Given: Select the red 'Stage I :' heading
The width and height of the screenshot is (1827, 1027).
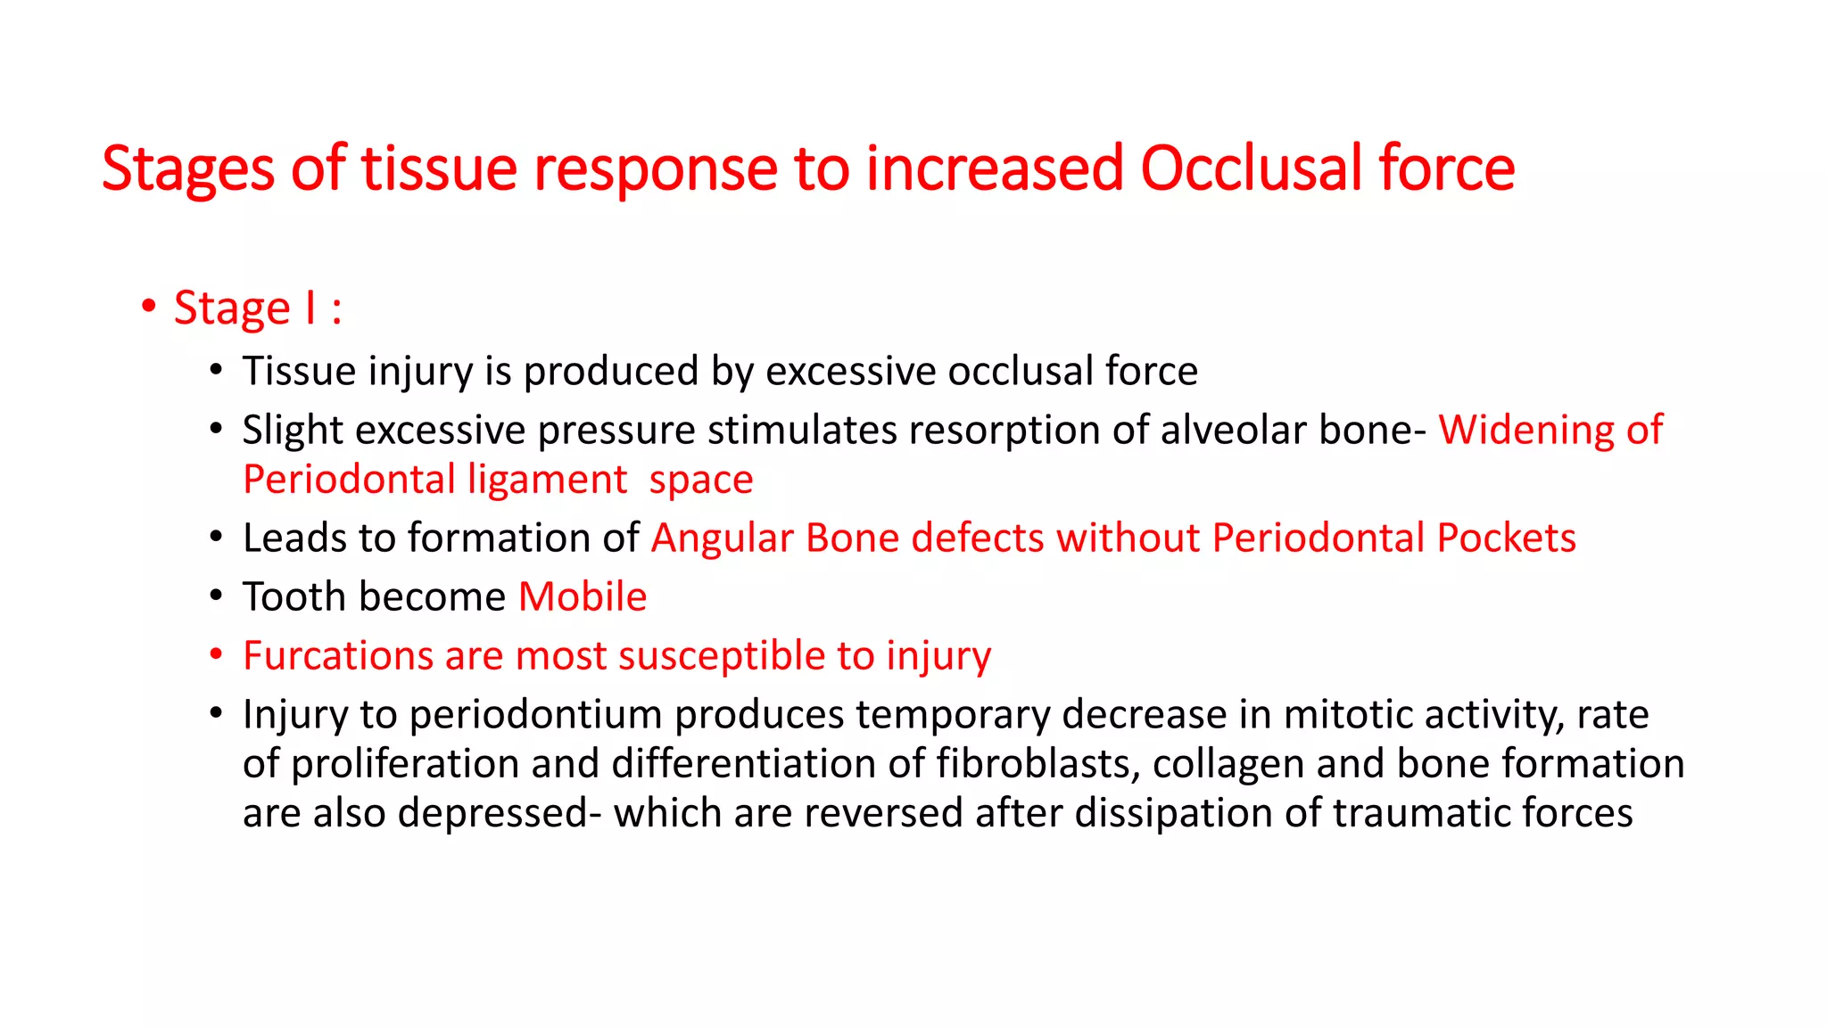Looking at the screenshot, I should pos(258,308).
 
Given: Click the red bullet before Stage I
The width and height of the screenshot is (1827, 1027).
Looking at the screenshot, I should pos(149,307).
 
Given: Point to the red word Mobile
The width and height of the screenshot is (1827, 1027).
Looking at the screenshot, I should pos(583,596).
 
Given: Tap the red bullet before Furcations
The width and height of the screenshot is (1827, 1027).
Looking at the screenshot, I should pos(216,655).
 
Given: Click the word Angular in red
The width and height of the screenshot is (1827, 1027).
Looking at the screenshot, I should pos(722,538).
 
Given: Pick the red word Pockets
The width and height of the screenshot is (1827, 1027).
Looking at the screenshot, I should pos(1506,538).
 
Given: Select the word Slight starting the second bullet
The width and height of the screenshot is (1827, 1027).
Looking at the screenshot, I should pos(293,430).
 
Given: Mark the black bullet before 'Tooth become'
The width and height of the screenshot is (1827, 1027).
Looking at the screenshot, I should pos(216,596).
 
